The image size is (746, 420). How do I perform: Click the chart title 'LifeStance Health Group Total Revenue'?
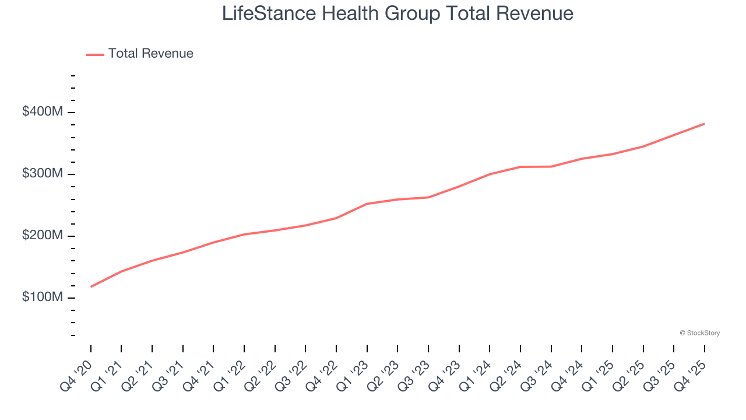coord(397,13)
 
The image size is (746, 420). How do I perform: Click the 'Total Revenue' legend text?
coord(150,54)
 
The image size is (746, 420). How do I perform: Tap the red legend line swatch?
coord(95,54)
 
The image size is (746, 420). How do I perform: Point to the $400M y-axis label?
coord(42,111)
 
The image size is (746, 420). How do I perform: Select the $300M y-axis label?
coord(42,174)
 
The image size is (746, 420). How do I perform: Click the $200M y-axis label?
coord(42,236)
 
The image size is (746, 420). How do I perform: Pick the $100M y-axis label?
coord(42,297)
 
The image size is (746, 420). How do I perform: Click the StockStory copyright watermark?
coord(699,333)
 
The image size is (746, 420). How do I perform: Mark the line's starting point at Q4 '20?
coord(91,286)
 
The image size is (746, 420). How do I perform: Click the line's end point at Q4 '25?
coord(704,124)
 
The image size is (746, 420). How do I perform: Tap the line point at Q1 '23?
coord(367,204)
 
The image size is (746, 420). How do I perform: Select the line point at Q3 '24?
coord(551,167)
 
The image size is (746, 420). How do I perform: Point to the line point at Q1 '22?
coord(244,235)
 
